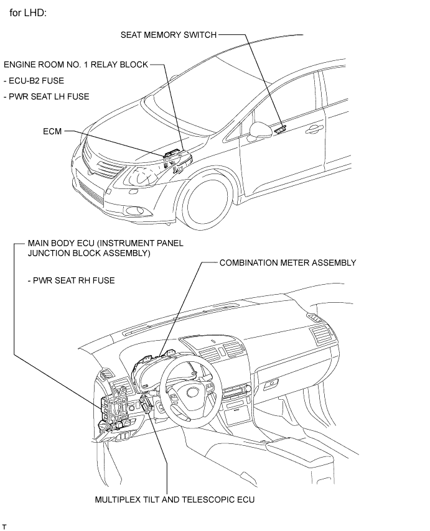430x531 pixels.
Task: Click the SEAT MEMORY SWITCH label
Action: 168,35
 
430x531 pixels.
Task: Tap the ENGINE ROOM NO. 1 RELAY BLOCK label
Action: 76,64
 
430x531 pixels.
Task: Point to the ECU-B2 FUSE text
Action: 34,80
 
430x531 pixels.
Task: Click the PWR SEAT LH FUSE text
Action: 46,96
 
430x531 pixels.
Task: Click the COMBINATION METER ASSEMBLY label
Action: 287,263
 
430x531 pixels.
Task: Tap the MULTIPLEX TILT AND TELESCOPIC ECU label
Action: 175,499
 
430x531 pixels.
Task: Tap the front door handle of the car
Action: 314,129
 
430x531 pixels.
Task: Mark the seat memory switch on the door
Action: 280,129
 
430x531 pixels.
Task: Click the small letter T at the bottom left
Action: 4,527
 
